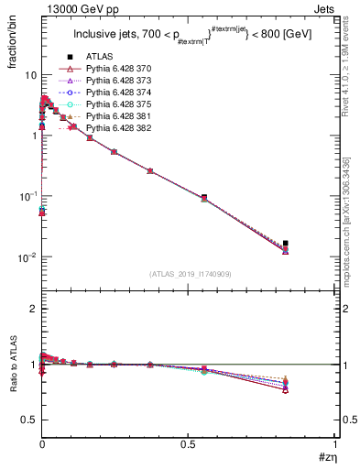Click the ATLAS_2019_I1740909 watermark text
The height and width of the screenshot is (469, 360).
click(189, 274)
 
